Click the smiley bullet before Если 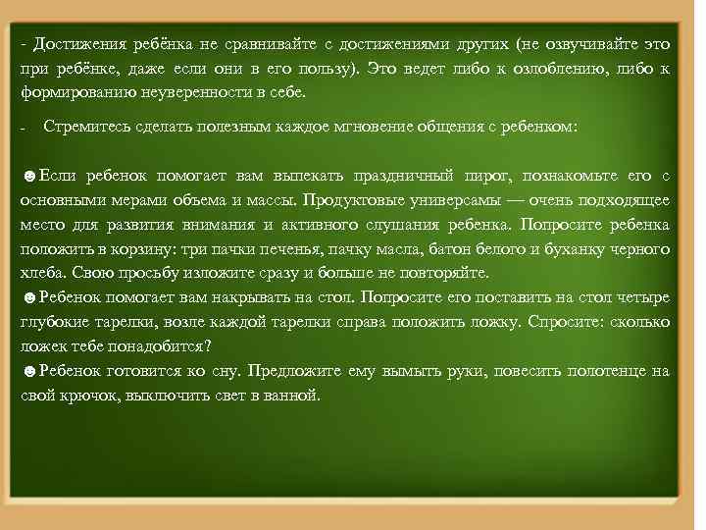coord(29,176)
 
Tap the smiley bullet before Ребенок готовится coord(29,371)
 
